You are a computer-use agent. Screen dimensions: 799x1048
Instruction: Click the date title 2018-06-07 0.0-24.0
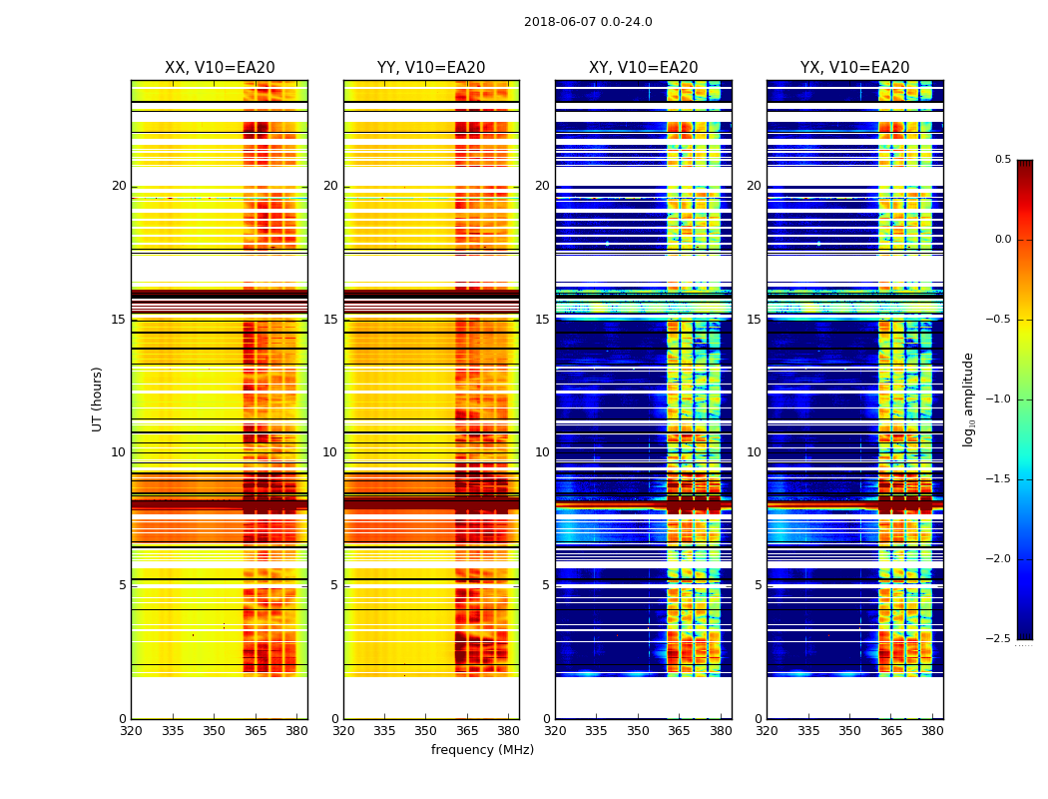tap(588, 22)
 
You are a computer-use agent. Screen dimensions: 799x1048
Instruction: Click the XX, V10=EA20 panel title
tap(220, 68)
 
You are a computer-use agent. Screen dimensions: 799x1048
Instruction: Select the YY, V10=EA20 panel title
tap(431, 68)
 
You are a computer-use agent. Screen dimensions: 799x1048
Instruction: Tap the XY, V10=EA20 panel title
tap(643, 68)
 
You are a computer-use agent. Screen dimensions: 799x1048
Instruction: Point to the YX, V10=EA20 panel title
tap(854, 68)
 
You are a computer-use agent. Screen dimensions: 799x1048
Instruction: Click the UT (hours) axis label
tap(98, 399)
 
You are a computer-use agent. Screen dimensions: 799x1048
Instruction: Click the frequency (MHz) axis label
tap(482, 750)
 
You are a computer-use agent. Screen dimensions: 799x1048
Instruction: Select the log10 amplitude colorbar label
tap(968, 399)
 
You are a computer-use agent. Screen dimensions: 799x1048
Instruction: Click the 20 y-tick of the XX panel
tap(119, 186)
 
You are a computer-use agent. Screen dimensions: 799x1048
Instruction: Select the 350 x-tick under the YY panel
tap(426, 730)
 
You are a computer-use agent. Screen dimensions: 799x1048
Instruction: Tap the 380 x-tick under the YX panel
tap(932, 730)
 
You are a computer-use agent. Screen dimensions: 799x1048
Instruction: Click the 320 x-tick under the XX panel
tap(131, 730)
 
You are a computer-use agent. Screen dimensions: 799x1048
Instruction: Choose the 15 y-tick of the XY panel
tap(542, 320)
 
